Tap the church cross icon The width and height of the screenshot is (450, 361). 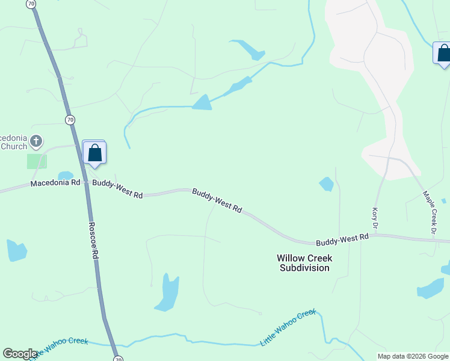click(x=36, y=142)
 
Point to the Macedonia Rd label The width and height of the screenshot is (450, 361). click(x=55, y=182)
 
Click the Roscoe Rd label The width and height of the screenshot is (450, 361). click(x=93, y=240)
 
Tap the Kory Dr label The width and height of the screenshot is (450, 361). click(x=374, y=217)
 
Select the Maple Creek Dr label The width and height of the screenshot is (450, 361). click(x=430, y=212)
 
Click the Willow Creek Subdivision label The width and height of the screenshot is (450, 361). click(x=304, y=262)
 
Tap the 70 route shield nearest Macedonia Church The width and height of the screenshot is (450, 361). click(x=70, y=120)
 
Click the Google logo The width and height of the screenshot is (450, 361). click(x=20, y=354)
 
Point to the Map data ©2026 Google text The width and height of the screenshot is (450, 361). click(x=413, y=356)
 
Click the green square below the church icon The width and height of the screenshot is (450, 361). click(x=37, y=161)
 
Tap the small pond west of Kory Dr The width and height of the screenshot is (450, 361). click(x=326, y=184)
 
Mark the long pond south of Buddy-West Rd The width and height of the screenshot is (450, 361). click(x=167, y=293)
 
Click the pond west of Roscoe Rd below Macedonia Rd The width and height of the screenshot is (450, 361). click(x=16, y=250)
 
